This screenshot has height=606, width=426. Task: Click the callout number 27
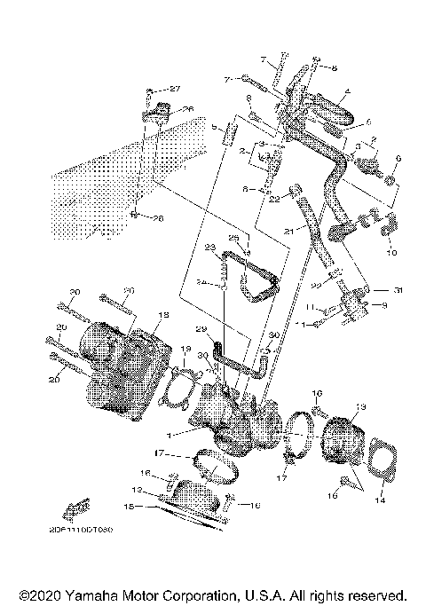175,89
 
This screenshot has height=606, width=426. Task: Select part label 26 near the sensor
187,109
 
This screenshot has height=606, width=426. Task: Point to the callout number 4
348,91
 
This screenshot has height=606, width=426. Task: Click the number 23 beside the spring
210,247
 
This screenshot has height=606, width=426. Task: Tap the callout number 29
201,330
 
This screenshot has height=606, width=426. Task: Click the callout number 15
129,507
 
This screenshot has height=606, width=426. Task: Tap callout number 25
234,238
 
